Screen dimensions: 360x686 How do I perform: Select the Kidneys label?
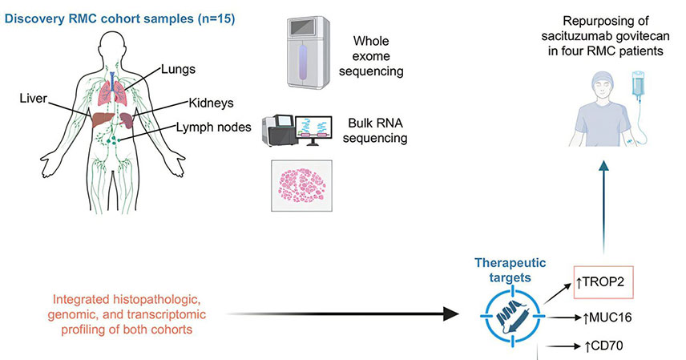pos(211,103)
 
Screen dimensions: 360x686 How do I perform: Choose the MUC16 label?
pos(606,318)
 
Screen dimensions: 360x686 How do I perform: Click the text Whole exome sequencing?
pos(382,55)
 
